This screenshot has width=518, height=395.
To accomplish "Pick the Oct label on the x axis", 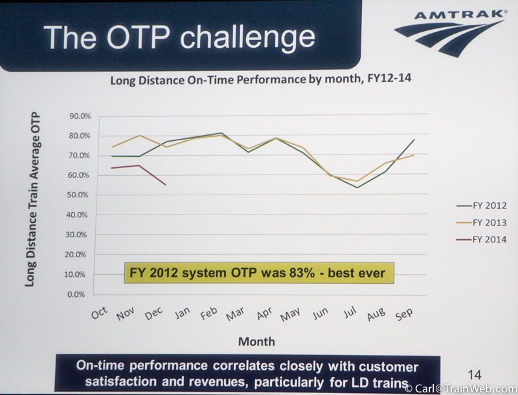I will click(x=99, y=312).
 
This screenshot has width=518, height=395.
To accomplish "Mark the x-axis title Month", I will click(x=256, y=341).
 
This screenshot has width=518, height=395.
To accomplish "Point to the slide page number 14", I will click(x=475, y=374).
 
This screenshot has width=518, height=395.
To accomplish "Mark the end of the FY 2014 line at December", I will click(x=166, y=185).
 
